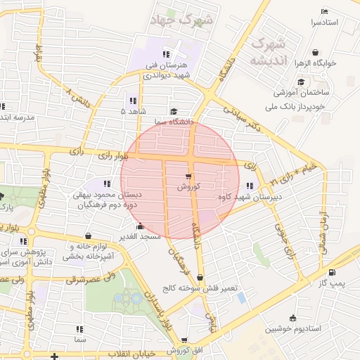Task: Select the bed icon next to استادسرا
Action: click(323, 11)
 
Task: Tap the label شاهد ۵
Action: click(133, 111)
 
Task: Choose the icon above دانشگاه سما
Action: click(174, 111)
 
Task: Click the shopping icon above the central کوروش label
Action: click(188, 176)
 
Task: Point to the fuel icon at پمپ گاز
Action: click(332, 272)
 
